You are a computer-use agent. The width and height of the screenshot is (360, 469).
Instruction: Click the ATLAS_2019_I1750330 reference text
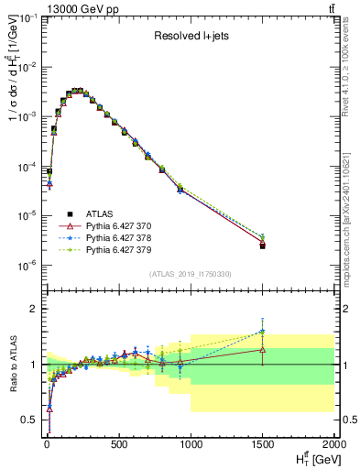190,274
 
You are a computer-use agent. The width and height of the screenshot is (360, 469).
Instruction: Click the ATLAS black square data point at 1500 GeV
263,246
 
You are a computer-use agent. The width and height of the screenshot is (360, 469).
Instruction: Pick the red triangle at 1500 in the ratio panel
263,349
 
